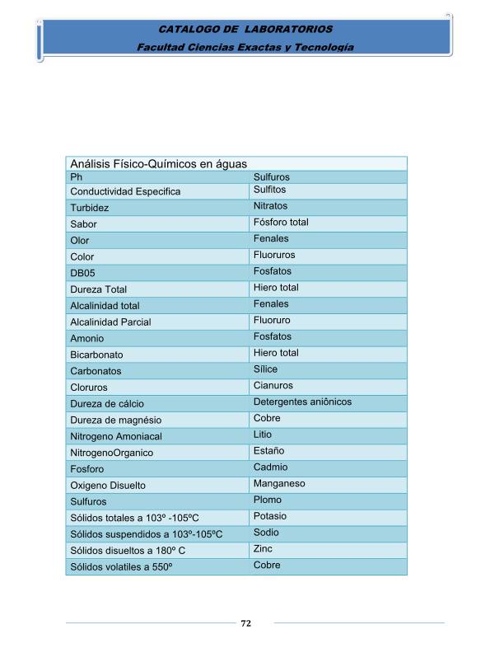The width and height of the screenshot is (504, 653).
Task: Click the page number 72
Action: [x=245, y=623]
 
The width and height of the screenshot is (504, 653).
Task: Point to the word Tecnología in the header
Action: [x=323, y=47]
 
